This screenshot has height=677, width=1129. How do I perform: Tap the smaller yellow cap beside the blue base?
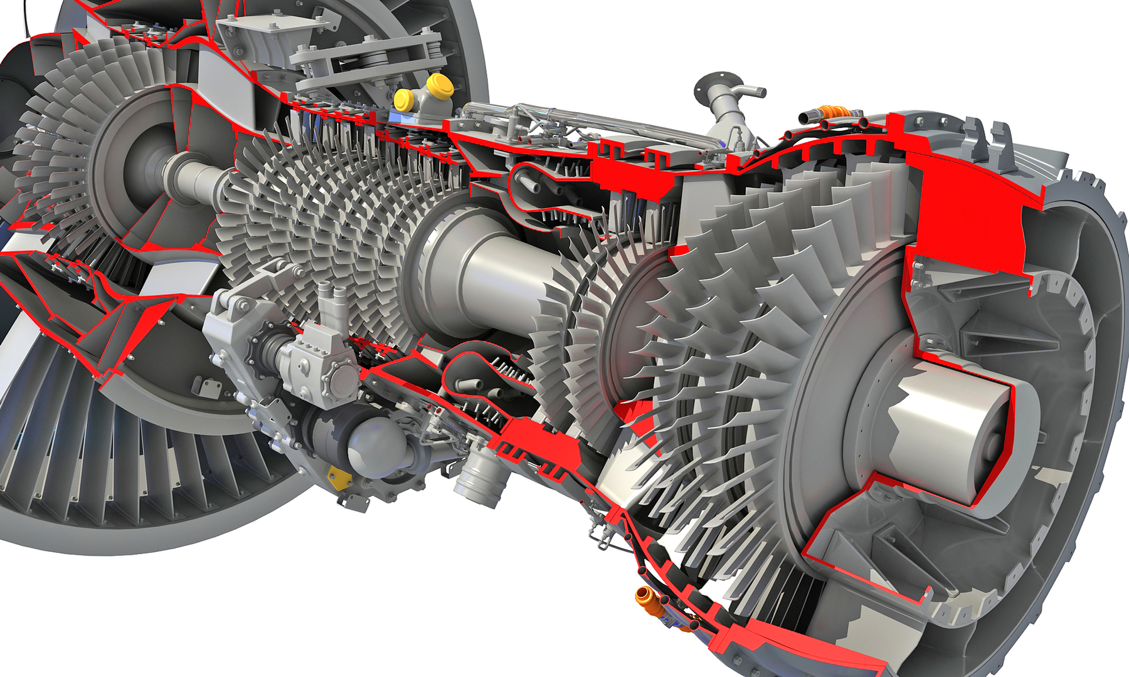[403, 99]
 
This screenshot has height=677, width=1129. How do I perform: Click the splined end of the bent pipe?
[760, 92]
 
